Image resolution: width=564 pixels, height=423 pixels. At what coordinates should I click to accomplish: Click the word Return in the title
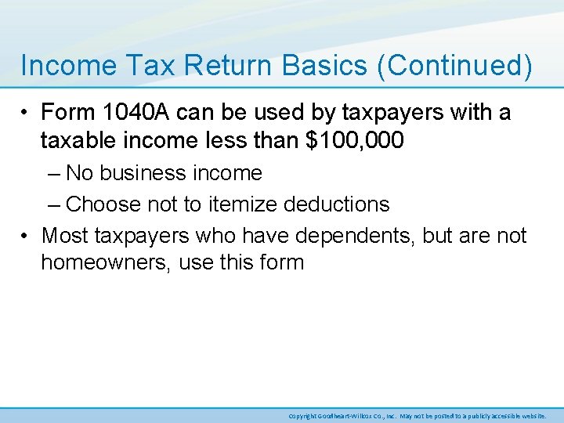pos(211,66)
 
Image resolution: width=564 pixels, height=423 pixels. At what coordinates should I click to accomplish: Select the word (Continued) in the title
pos(454,66)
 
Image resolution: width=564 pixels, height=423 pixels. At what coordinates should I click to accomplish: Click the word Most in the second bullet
pos(66,236)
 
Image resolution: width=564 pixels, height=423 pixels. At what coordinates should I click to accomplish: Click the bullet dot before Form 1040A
pos(26,114)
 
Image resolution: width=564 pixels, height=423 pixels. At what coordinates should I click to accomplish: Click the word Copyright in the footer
pos(302,415)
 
